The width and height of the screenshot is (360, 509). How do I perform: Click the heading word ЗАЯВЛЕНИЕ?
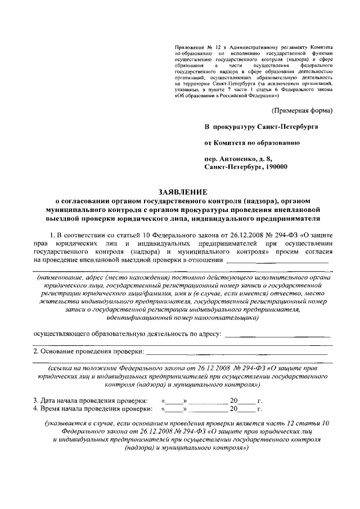pos(179,191)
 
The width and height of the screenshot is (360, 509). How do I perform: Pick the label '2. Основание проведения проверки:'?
pos(88,352)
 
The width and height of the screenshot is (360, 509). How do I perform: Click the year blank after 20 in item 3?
pos(247,400)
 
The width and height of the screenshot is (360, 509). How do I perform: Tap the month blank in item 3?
pos(208,400)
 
